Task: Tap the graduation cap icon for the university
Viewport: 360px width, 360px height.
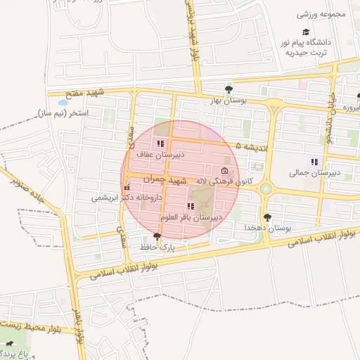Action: [306, 32]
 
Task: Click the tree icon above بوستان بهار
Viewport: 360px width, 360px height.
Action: [229, 89]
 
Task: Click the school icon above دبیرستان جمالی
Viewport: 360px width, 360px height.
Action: [314, 162]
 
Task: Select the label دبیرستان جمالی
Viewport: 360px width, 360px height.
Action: [314, 172]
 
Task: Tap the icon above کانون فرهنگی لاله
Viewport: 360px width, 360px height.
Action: [224, 171]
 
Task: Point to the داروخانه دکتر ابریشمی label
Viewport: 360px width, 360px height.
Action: [127, 198]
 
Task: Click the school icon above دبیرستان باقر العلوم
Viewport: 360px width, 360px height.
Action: [191, 206]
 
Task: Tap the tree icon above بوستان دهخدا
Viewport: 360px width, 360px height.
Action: [267, 217]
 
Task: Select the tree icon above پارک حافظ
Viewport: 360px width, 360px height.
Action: [157, 236]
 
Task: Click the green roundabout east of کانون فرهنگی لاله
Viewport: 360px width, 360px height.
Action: [266, 188]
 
